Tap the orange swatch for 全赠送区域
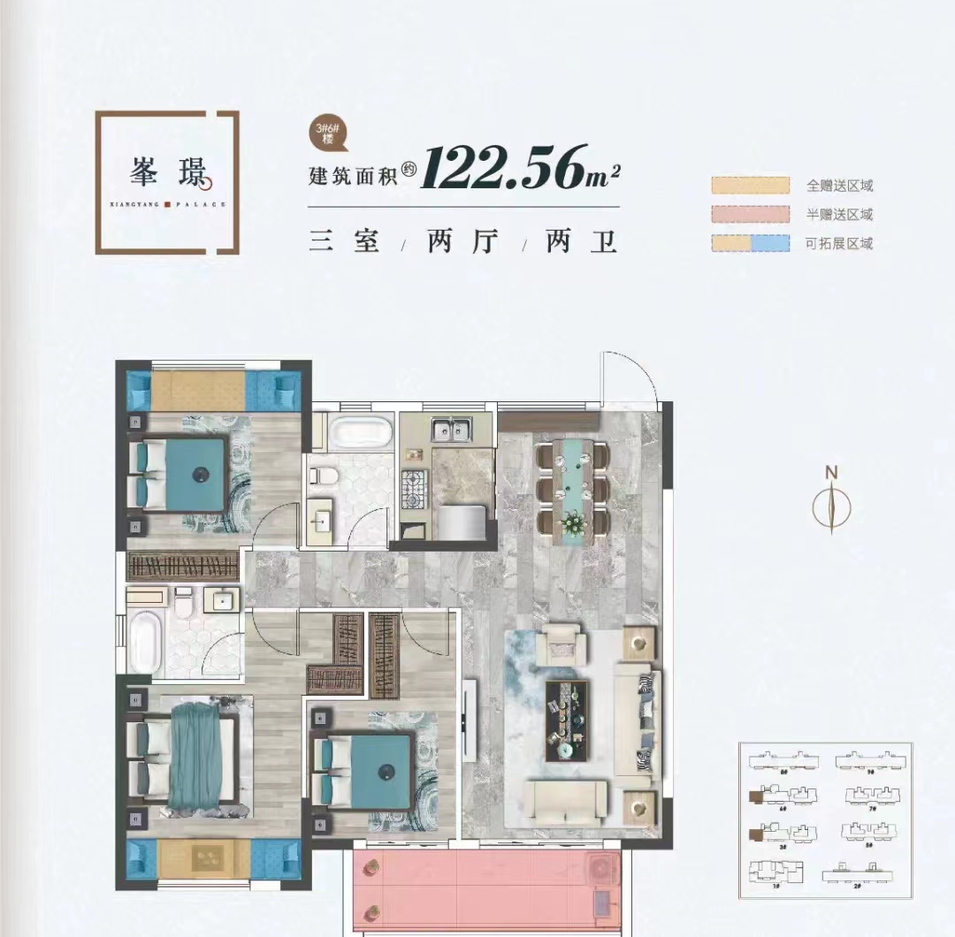click(750, 186)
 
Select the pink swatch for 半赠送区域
click(750, 214)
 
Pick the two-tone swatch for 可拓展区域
click(750, 243)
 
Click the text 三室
click(344, 241)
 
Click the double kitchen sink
click(451, 430)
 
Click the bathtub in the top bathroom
click(361, 433)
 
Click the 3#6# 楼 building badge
click(327, 133)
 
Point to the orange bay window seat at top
click(199, 389)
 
